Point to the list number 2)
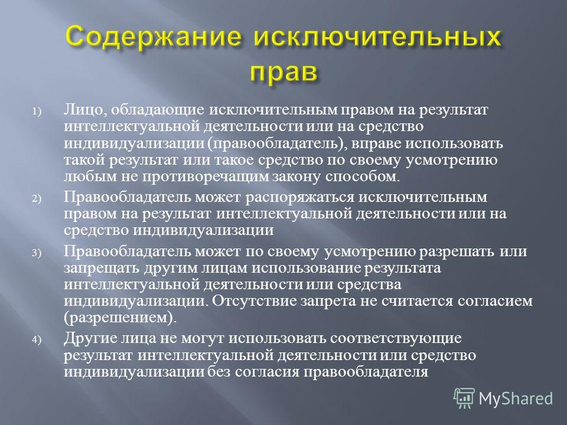37,198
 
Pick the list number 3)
37,253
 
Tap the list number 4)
37,340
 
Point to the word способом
363,176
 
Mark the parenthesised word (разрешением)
120,318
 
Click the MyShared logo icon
464,398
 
